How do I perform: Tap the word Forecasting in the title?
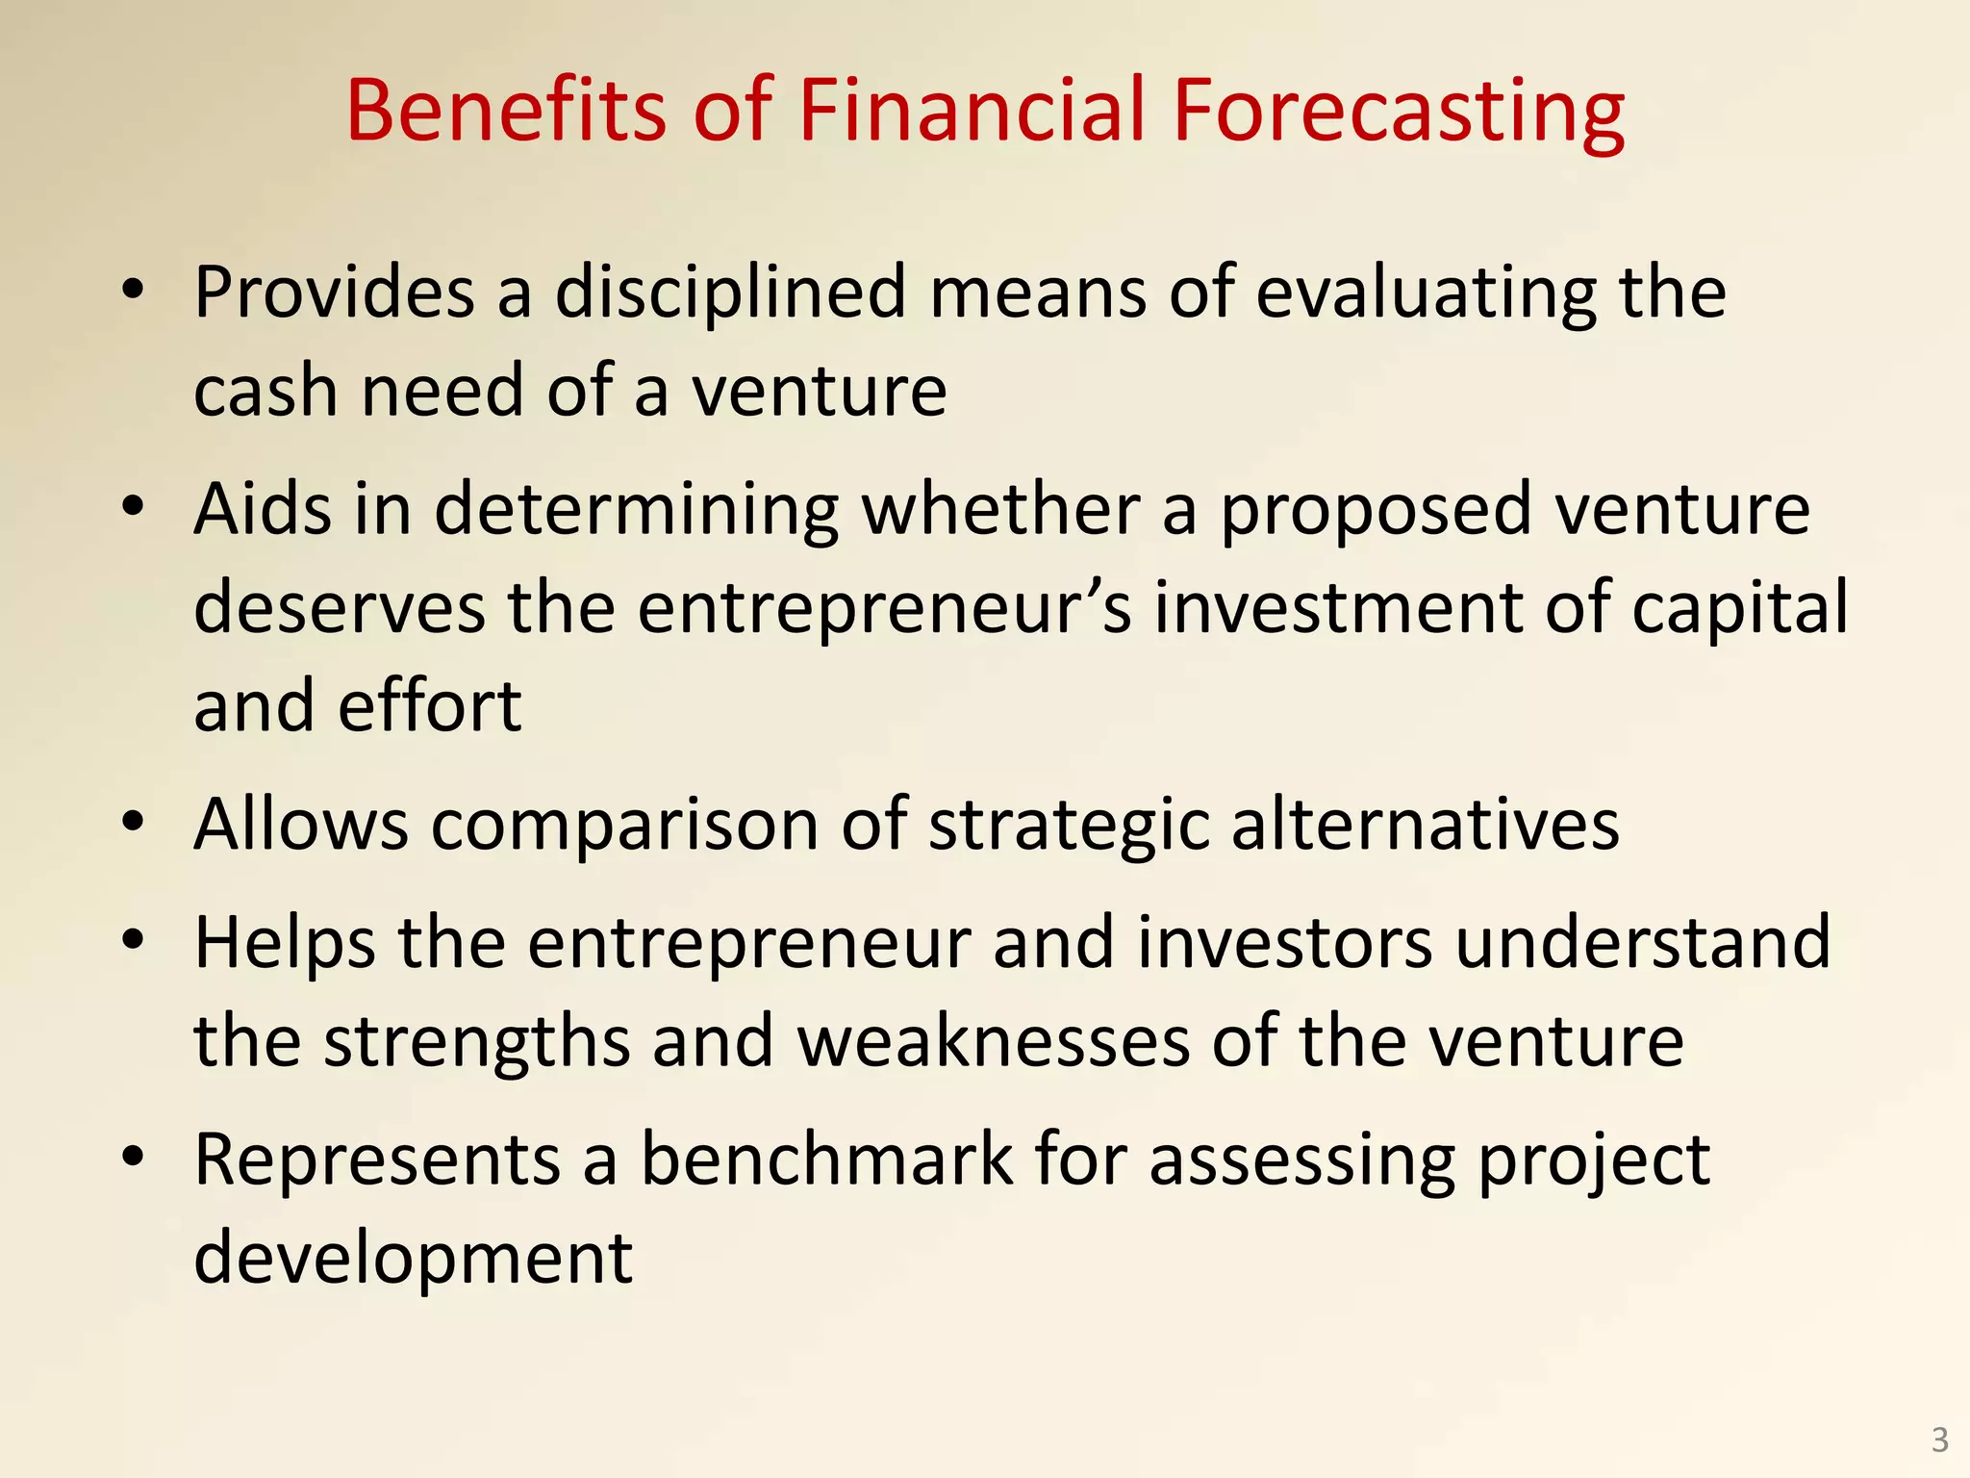click(1397, 114)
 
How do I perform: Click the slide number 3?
click(1939, 1440)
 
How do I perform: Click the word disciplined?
click(730, 293)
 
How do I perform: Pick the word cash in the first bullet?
click(265, 391)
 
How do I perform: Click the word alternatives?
click(1425, 825)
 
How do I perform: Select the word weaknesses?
click(994, 1041)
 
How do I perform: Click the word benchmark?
click(826, 1159)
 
